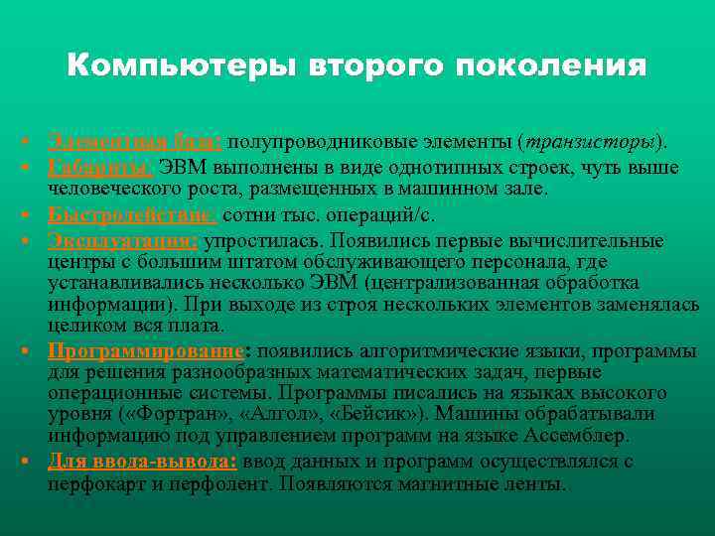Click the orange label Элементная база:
(x=139, y=142)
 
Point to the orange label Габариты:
(x=100, y=163)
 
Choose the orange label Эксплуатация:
(x=123, y=239)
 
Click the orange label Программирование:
(x=149, y=350)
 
